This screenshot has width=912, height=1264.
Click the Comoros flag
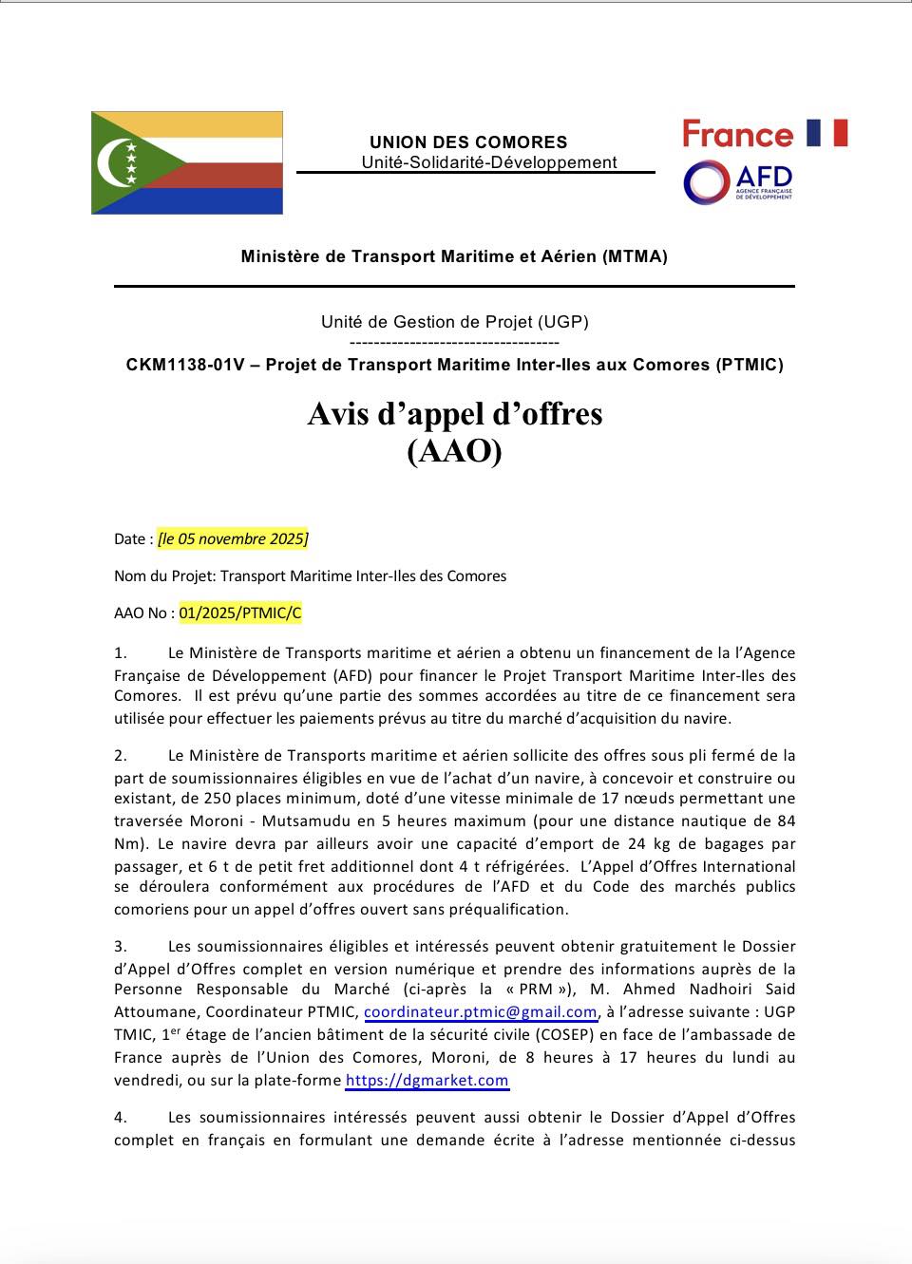click(x=187, y=162)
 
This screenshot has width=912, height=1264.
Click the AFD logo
click(x=738, y=182)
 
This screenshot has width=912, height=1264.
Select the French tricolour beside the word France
click(x=826, y=133)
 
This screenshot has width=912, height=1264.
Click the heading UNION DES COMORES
click(x=468, y=142)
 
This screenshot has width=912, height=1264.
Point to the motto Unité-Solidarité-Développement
click(x=488, y=162)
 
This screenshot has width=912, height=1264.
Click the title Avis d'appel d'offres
click(x=454, y=414)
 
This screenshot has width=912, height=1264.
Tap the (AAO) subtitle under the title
click(x=454, y=452)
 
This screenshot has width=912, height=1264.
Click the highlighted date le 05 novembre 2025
click(x=233, y=538)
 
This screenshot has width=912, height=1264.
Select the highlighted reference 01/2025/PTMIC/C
click(x=239, y=613)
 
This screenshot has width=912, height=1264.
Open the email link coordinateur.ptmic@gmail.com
click(x=481, y=1012)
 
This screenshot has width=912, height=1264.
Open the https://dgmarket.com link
click(x=427, y=1080)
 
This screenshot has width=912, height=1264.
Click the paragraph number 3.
click(x=121, y=947)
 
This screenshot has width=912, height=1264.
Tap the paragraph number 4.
click(x=121, y=1118)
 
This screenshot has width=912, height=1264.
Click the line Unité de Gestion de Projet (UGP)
click(x=454, y=322)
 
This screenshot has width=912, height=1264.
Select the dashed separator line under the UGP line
click(x=454, y=343)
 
